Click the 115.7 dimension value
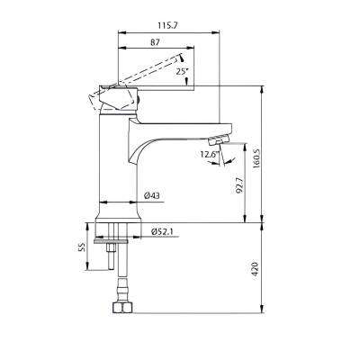point(168,26)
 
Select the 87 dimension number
point(155,42)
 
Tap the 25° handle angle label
point(182,71)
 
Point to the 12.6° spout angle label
point(210,155)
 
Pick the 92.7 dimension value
point(239,185)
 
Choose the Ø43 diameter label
point(152,196)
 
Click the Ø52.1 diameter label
point(164,231)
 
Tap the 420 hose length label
point(255,269)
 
